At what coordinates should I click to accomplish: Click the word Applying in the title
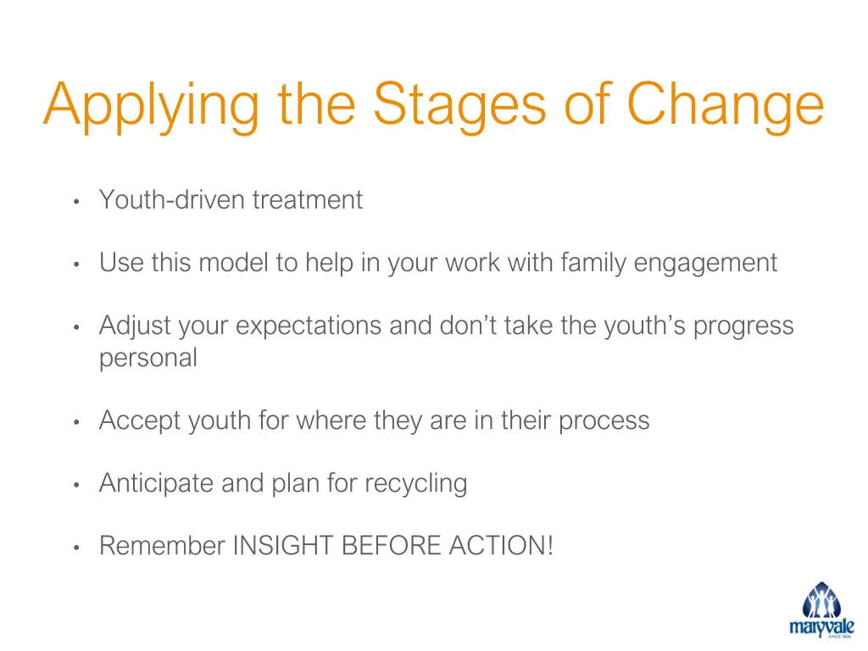153,106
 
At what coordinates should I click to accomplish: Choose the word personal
148,359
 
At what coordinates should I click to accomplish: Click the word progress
743,326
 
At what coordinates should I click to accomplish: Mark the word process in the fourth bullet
604,421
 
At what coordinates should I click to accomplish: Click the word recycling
415,484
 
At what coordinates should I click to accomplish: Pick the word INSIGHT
284,546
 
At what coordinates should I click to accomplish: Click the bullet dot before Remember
76,548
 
